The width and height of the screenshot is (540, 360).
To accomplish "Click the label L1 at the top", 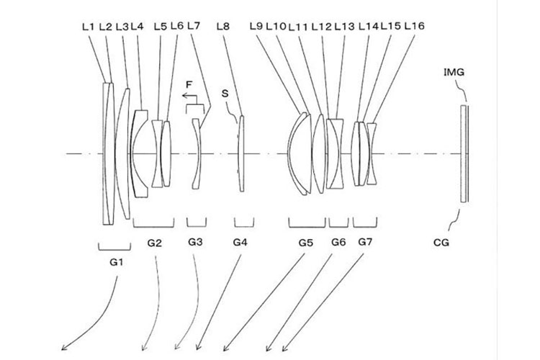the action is point(89,27).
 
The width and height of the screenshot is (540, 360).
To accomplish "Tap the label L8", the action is point(223,27).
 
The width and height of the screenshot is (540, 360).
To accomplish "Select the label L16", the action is point(414,26).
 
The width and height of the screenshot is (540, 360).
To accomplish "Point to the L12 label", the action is point(321,27).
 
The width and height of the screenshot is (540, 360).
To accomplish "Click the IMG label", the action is point(454,72).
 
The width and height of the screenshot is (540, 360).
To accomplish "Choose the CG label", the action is point(441,243).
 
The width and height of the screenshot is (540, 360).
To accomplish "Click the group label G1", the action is point(117,263).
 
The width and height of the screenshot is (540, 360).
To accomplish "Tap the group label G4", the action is point(240,243).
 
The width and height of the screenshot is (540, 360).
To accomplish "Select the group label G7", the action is point(365,242).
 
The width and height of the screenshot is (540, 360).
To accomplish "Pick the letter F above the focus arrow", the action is point(189,84).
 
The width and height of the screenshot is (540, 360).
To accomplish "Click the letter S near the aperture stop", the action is point(225,94).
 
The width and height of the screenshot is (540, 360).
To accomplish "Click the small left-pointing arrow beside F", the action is point(189,96).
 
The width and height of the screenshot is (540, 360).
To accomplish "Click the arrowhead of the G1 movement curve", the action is point(64,347).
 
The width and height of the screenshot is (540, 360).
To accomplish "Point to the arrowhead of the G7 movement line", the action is point(284,348).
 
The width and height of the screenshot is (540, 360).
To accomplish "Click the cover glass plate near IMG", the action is point(464,153).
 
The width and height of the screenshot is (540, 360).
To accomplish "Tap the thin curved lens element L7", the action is point(196,153).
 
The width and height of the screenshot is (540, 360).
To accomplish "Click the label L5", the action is point(161,27).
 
